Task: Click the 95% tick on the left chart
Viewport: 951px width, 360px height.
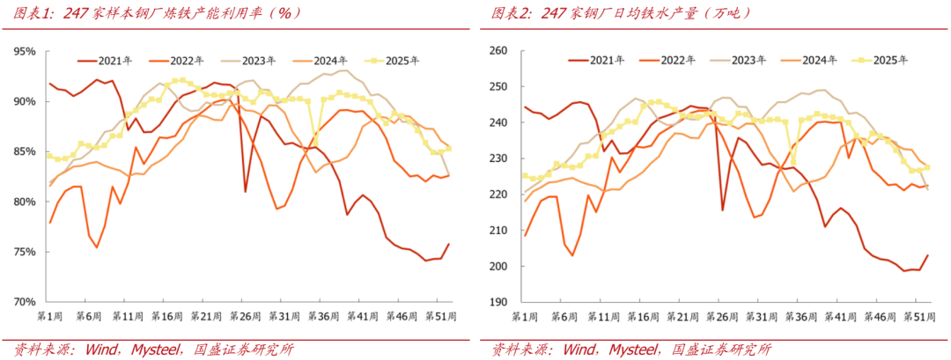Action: click(24, 51)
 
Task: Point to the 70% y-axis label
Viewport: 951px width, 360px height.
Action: click(24, 302)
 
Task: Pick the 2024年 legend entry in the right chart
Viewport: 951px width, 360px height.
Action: click(809, 60)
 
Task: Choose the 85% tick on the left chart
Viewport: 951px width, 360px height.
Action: click(24, 151)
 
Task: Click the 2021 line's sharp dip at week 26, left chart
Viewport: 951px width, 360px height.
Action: click(246, 190)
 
